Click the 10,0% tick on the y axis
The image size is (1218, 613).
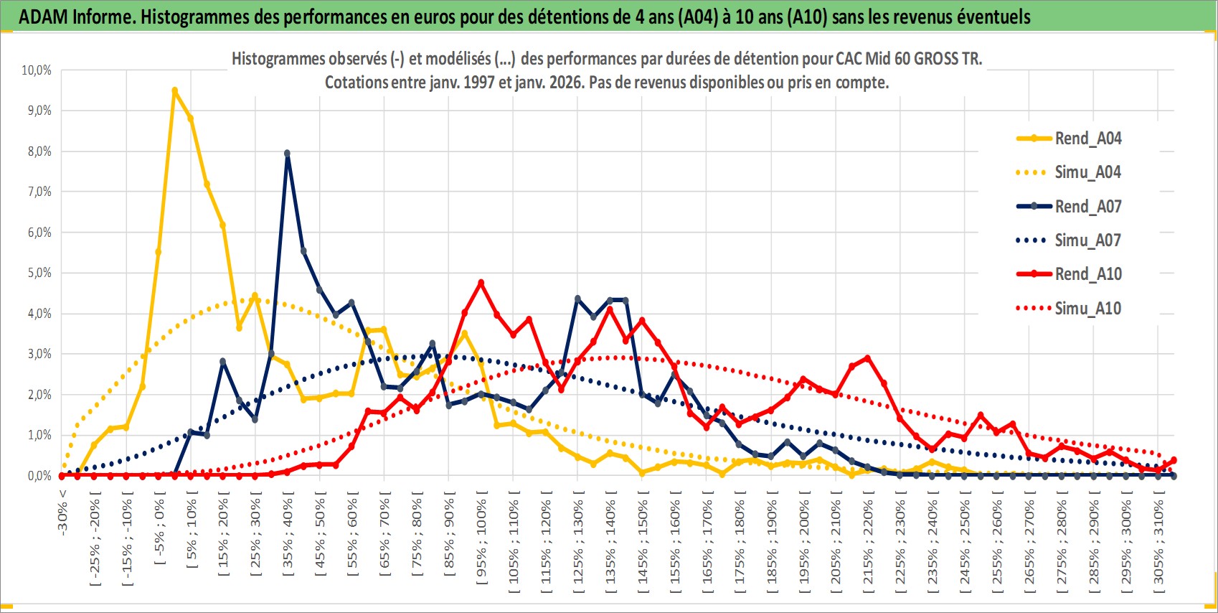(37, 70)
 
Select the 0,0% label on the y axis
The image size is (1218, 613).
(39, 476)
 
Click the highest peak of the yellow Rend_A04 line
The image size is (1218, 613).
(174, 90)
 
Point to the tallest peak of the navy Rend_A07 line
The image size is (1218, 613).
(287, 153)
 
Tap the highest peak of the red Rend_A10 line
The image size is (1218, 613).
(481, 283)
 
